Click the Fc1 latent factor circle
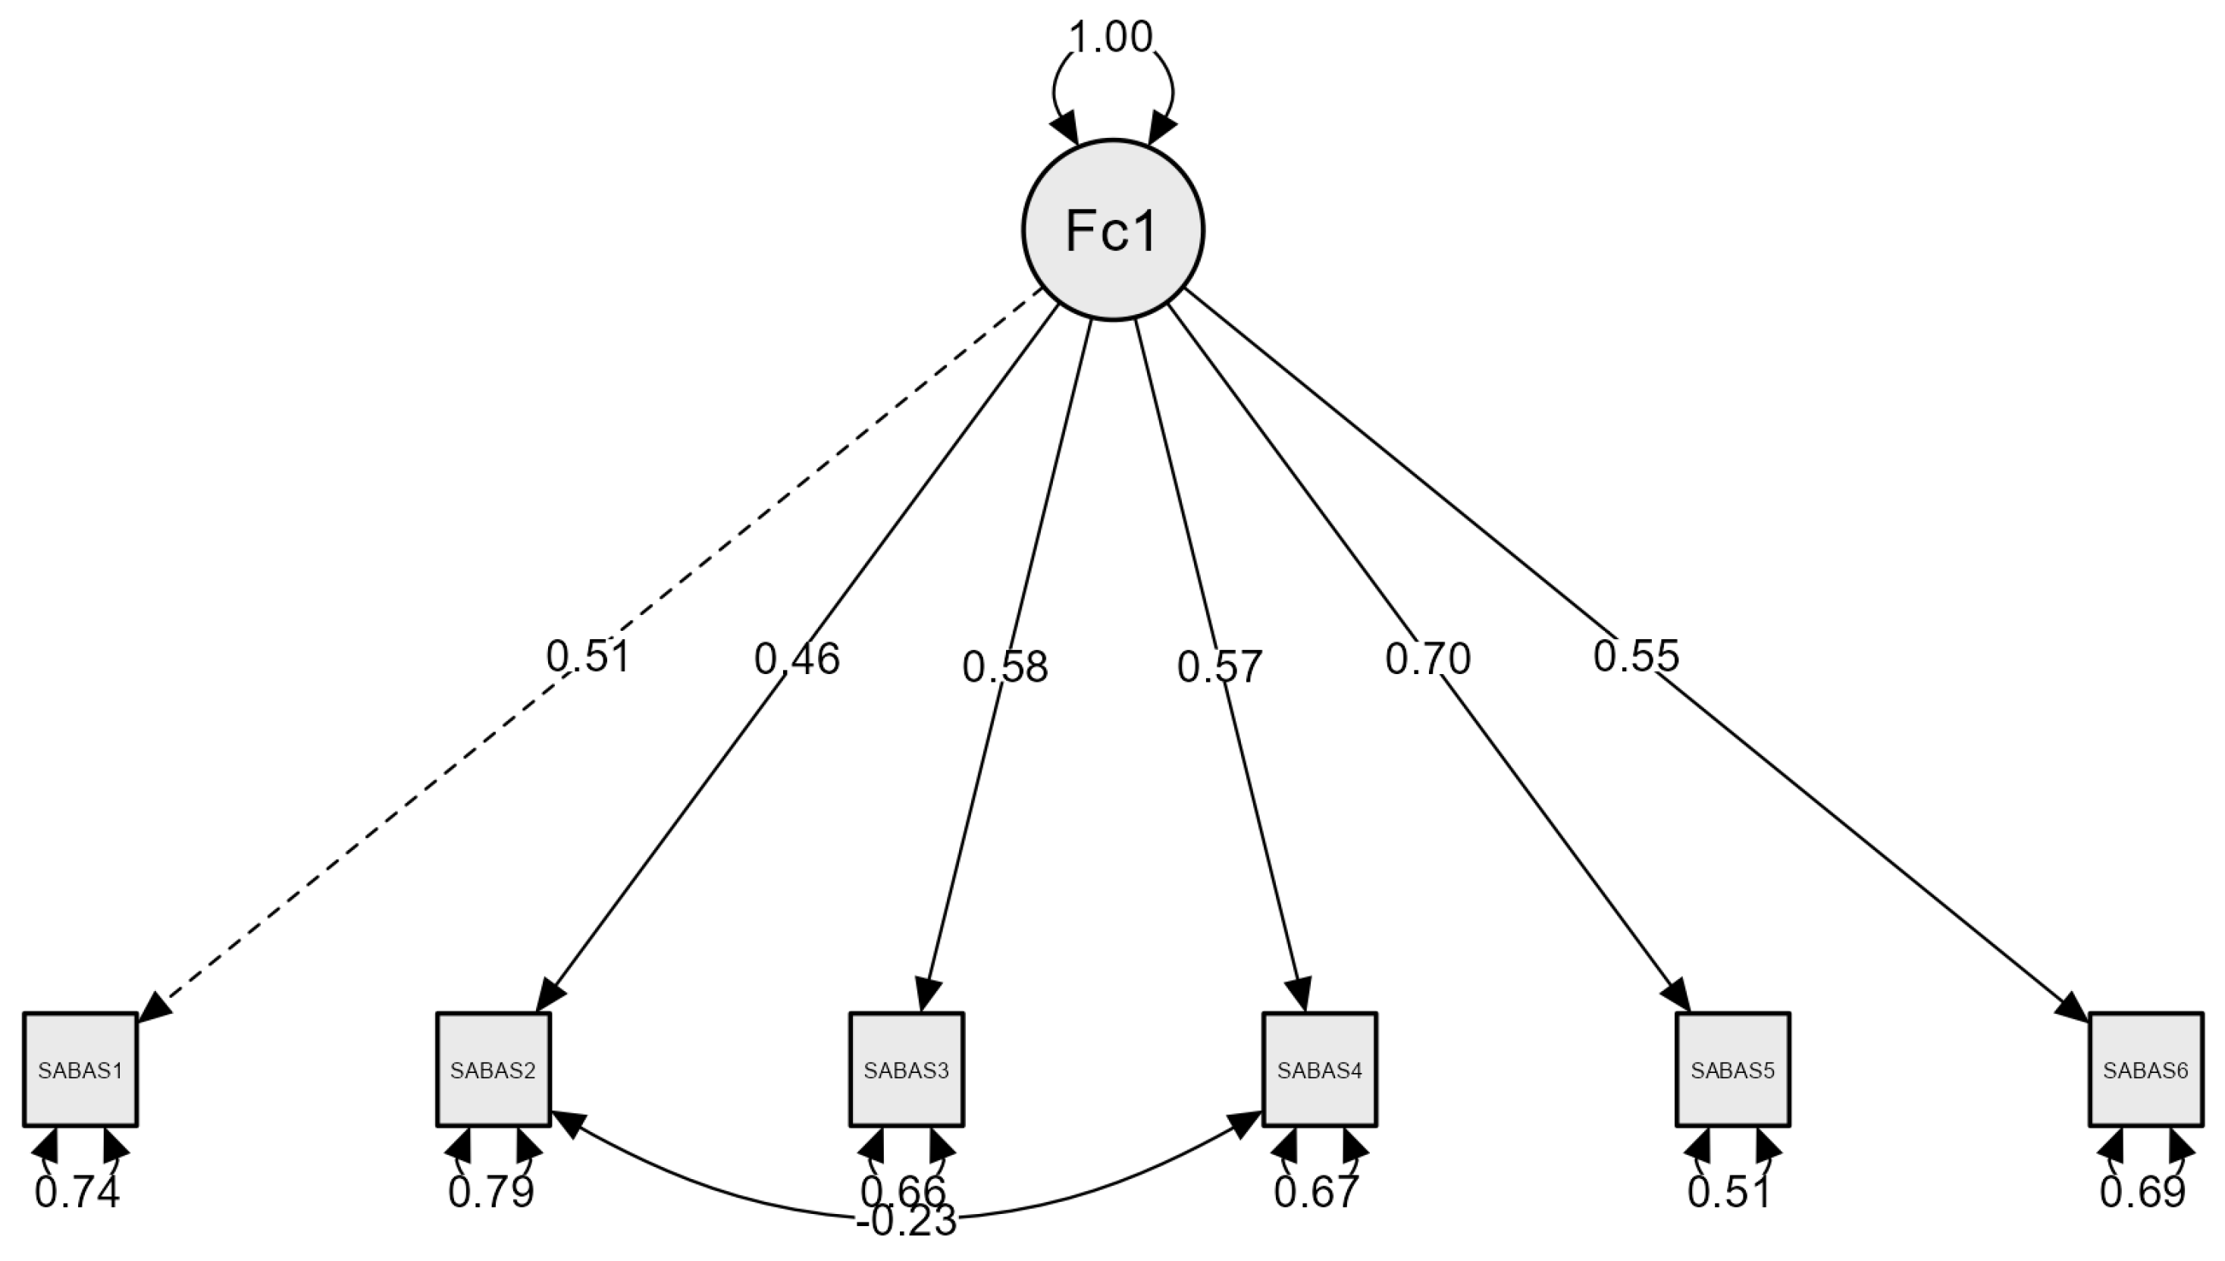click(1113, 230)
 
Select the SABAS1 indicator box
click(80, 1070)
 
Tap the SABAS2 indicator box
click(494, 1070)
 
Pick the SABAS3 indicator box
click(907, 1070)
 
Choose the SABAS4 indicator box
click(1319, 1070)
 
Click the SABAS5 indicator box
click(1732, 1070)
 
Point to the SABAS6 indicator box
click(2145, 1070)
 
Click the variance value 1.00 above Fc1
click(1111, 38)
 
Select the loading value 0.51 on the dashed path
click(588, 657)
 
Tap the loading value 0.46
click(797, 659)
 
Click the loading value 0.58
click(1005, 667)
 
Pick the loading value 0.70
click(1427, 659)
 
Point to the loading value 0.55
click(1635, 657)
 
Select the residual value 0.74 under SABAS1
click(77, 1193)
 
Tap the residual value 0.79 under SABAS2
click(491, 1193)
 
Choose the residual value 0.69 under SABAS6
click(2143, 1193)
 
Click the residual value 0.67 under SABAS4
click(1317, 1193)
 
